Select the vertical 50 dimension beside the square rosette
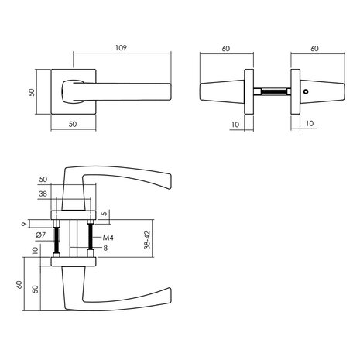coord(32,91)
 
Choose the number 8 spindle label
coord(105,249)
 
